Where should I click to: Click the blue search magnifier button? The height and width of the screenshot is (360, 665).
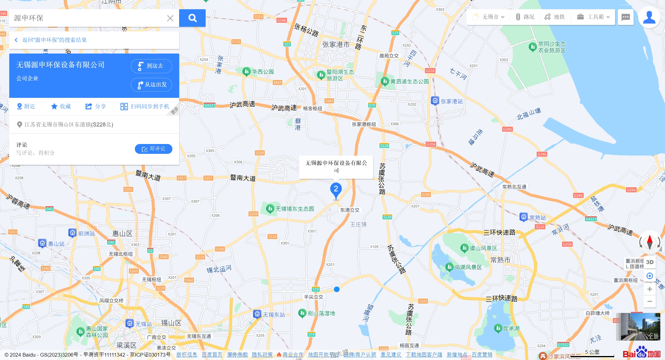(x=192, y=18)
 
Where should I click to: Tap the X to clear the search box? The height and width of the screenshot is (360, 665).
(x=170, y=18)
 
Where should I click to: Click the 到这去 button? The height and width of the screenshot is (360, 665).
(x=151, y=66)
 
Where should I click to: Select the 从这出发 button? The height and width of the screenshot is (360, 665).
(x=151, y=85)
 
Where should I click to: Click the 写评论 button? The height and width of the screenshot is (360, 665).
(x=153, y=149)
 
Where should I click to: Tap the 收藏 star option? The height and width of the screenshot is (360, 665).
(x=61, y=106)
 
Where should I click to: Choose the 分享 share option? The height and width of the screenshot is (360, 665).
(x=95, y=106)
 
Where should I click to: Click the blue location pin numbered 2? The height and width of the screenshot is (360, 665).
(x=336, y=189)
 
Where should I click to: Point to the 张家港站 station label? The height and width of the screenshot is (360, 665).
(x=451, y=101)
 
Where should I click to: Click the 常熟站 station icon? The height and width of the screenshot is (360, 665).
(x=524, y=217)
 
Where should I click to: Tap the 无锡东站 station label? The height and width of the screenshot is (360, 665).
(x=274, y=314)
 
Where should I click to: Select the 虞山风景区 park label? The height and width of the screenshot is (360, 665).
(x=483, y=248)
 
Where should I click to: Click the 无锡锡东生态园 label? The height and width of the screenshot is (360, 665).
(x=294, y=209)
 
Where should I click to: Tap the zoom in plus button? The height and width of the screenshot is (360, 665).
(x=650, y=289)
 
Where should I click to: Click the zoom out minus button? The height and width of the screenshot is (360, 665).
(x=650, y=301)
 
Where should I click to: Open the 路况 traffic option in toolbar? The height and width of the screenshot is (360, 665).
(x=525, y=17)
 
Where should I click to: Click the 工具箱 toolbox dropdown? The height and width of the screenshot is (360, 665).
(x=593, y=17)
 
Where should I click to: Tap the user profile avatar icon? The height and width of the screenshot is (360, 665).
(x=649, y=17)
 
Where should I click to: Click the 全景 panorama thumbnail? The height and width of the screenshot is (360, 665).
(x=638, y=326)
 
